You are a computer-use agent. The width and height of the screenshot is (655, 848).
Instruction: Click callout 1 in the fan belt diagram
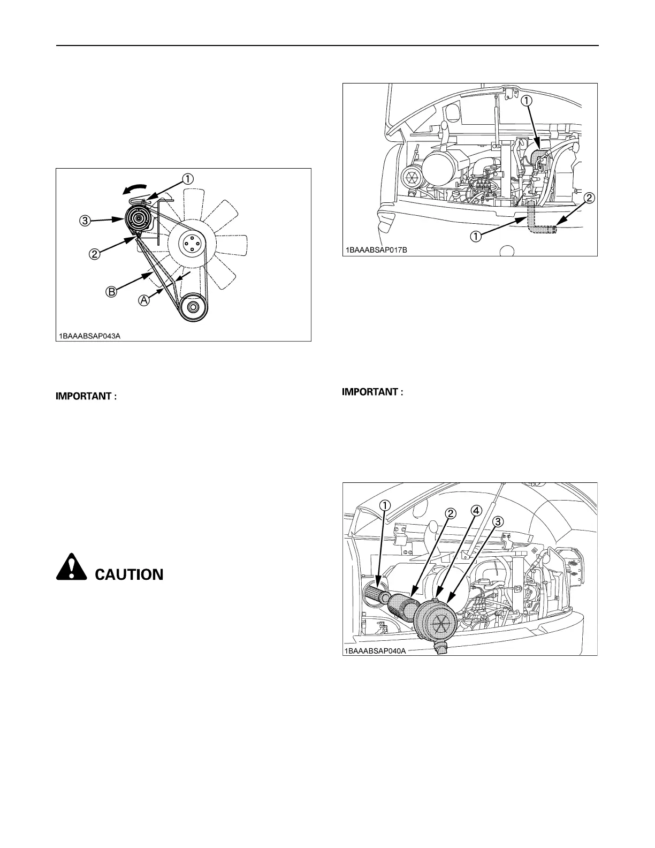pyautogui.click(x=187, y=179)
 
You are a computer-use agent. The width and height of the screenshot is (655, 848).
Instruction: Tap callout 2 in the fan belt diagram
pyautogui.click(x=94, y=254)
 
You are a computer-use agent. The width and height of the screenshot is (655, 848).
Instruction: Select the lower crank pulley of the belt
pyautogui.click(x=193, y=308)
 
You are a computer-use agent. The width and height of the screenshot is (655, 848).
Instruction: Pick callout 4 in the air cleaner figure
pyautogui.click(x=475, y=510)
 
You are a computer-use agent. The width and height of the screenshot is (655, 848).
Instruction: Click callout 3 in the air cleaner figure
pyautogui.click(x=497, y=521)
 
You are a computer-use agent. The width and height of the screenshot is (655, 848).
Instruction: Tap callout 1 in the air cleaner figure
pyautogui.click(x=384, y=504)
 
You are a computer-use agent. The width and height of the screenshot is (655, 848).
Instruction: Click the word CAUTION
pyautogui.click(x=129, y=575)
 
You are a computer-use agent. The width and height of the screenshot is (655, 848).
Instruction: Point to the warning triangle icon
pyautogui.click(x=71, y=567)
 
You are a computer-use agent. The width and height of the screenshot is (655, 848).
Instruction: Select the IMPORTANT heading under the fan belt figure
pyautogui.click(x=86, y=397)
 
